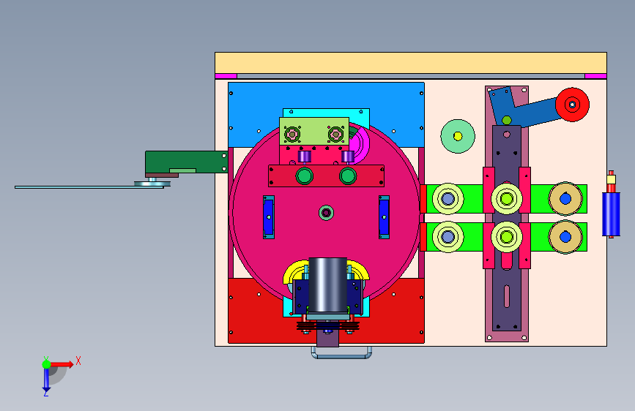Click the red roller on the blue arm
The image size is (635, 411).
(x=572, y=105)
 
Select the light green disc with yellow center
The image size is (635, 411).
(x=458, y=136)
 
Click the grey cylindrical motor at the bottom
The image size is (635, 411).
(x=327, y=285)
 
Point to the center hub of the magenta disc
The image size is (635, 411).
(x=326, y=212)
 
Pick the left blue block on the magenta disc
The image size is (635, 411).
(x=269, y=217)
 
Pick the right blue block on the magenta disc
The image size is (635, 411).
(x=384, y=217)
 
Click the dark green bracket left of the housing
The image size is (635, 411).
(x=186, y=162)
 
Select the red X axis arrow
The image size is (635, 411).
(x=62, y=364)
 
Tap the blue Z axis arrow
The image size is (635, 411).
(x=46, y=380)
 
